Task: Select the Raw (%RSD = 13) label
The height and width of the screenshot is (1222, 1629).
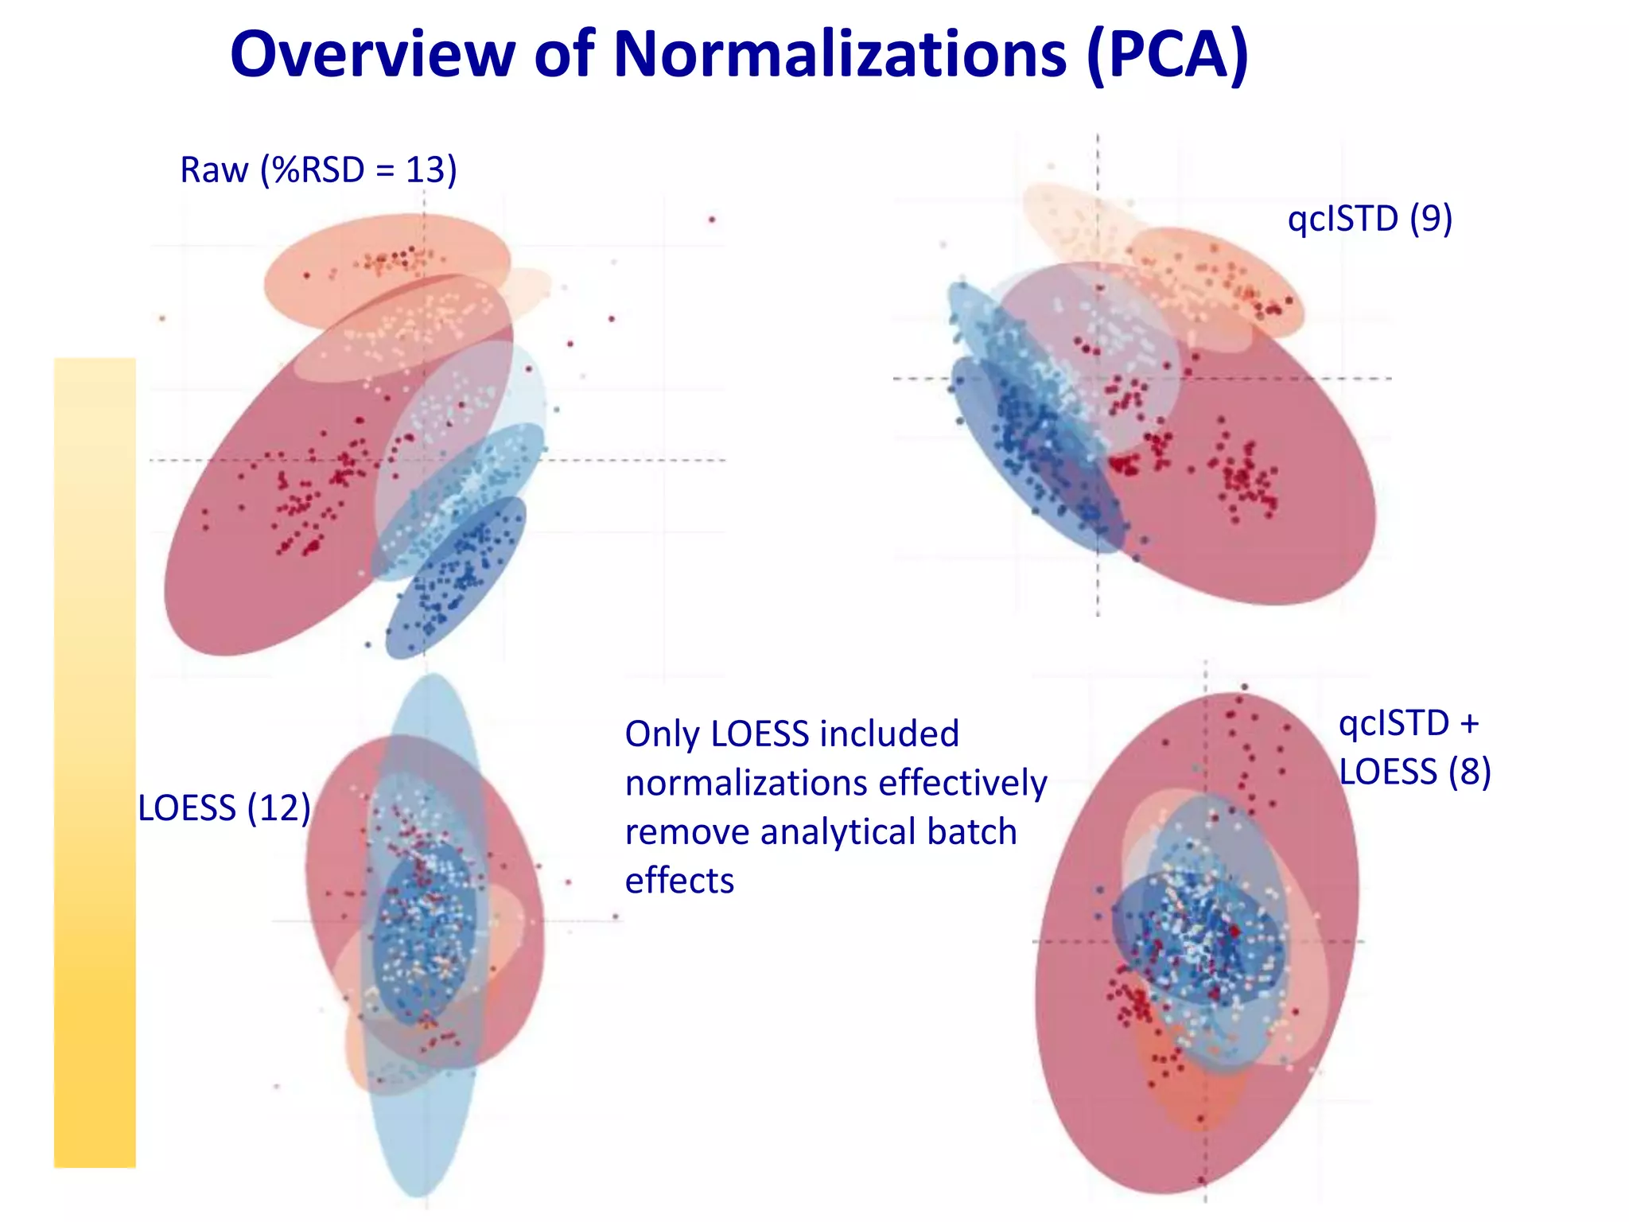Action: pos(318,170)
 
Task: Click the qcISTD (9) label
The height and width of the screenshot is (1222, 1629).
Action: pos(1370,219)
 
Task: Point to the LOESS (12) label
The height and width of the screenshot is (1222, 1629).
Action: pos(224,808)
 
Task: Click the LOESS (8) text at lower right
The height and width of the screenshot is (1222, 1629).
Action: pos(1414,772)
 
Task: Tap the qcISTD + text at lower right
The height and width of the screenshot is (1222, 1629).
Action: pos(1408,723)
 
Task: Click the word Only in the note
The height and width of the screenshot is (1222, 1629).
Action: pos(662,734)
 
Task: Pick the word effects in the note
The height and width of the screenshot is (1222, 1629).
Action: pos(679,881)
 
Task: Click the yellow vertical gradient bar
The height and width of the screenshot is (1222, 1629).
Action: pos(95,762)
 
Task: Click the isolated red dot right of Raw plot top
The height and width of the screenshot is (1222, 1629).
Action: pos(712,220)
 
